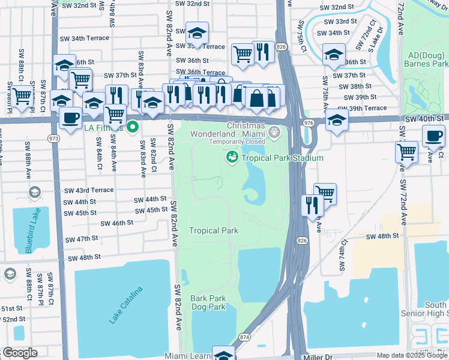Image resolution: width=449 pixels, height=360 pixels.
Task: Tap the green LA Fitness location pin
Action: pyautogui.click(x=134, y=127)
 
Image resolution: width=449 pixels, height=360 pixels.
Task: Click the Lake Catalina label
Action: pyautogui.click(x=126, y=306)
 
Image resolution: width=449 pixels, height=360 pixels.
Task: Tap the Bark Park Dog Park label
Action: pyautogui.click(x=208, y=302)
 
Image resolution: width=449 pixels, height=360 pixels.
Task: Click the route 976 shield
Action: pyautogui.click(x=309, y=122)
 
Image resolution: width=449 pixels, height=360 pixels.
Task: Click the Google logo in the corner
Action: pyautogui.click(x=19, y=353)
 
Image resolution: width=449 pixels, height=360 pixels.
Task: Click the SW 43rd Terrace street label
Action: pyautogui.click(x=88, y=190)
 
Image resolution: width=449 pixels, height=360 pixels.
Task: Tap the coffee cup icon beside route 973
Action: pyautogui.click(x=71, y=118)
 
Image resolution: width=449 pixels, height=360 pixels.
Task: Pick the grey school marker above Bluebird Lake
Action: pyautogui.click(x=34, y=193)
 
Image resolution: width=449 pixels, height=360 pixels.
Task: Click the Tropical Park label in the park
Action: pyautogui.click(x=214, y=230)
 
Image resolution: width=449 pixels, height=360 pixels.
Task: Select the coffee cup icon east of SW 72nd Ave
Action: pyautogui.click(x=433, y=136)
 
